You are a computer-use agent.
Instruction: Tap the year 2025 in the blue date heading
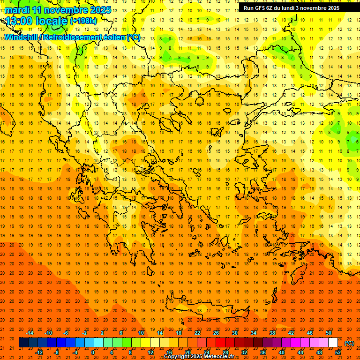coord(99,10)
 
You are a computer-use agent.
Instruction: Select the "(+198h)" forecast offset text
coord(83,21)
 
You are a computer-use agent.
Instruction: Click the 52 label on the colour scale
coord(338,352)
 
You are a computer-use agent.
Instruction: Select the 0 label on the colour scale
coord(93,352)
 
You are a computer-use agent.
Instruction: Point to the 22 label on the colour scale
coord(197,333)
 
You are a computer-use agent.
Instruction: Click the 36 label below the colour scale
coord(263,352)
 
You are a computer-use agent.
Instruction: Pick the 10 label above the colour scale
coord(141,333)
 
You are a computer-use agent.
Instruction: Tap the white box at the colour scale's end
coord(333,343)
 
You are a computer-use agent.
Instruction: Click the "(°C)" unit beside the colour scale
coord(349,343)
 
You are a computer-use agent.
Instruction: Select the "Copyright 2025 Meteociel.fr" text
coord(199,357)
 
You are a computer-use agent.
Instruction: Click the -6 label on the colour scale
coord(66,333)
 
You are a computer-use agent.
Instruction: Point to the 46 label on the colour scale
coord(310,333)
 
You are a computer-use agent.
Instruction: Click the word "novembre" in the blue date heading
coord(65,10)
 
